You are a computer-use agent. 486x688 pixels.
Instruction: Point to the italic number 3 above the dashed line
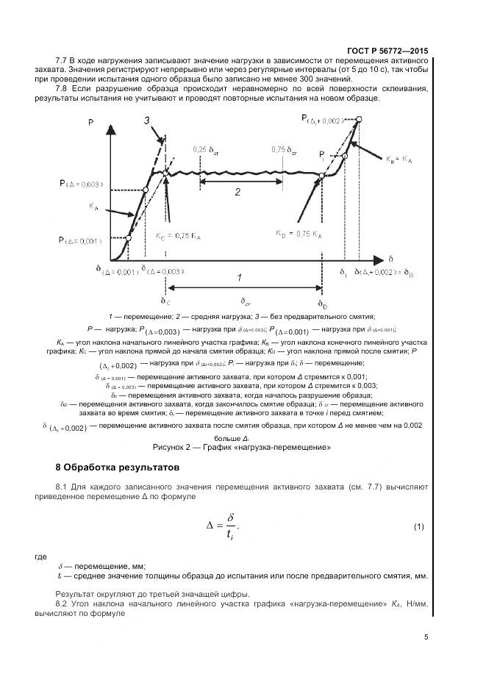tap(146, 121)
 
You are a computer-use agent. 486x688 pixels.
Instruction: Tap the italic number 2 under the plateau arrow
tap(237, 193)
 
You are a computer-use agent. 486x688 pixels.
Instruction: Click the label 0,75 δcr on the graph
tap(284, 149)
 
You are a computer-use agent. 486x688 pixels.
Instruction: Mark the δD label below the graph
tap(322, 303)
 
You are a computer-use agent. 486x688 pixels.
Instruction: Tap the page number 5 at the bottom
tap(426, 638)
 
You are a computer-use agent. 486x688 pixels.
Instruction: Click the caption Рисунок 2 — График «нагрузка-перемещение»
tap(242, 447)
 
